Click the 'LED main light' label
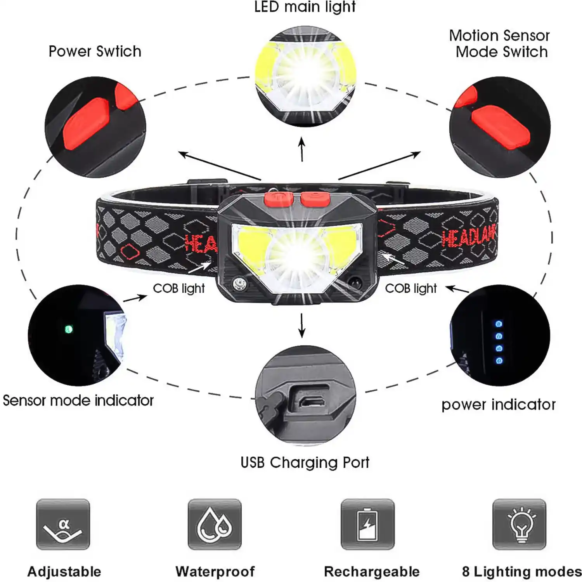click(305, 7)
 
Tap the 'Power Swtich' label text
click(95, 52)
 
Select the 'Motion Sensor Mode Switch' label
click(500, 43)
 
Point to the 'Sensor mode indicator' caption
click(78, 400)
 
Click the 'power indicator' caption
click(499, 405)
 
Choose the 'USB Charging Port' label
click(305, 462)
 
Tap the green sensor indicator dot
click(68, 329)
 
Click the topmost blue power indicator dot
click(499, 324)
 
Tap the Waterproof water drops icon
click(215, 524)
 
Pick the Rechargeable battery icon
click(367, 524)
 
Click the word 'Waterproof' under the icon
click(215, 572)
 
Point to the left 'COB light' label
click(178, 288)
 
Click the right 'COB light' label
click(411, 288)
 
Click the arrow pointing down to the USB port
click(302, 326)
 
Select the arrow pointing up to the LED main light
click(302, 149)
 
